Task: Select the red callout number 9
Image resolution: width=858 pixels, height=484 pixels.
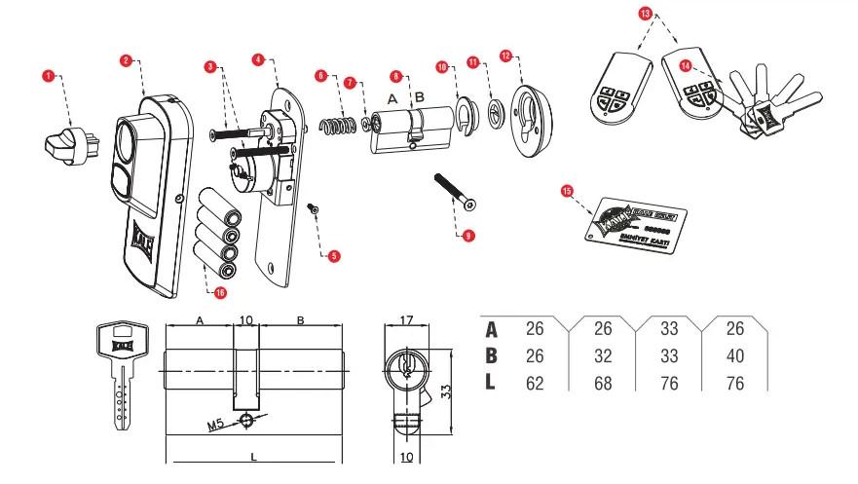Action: click(468, 236)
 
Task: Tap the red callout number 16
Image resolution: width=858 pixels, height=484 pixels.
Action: click(220, 290)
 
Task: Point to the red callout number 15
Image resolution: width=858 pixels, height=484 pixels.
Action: click(568, 192)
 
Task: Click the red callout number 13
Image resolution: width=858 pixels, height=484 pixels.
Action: click(645, 14)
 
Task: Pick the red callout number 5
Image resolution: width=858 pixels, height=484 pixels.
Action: click(334, 257)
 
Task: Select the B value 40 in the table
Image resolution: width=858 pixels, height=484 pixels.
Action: click(735, 356)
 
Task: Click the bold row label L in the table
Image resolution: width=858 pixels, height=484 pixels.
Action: click(491, 383)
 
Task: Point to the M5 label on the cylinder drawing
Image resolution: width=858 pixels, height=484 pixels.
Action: click(219, 424)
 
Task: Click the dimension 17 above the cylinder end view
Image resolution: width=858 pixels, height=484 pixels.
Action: click(408, 320)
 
